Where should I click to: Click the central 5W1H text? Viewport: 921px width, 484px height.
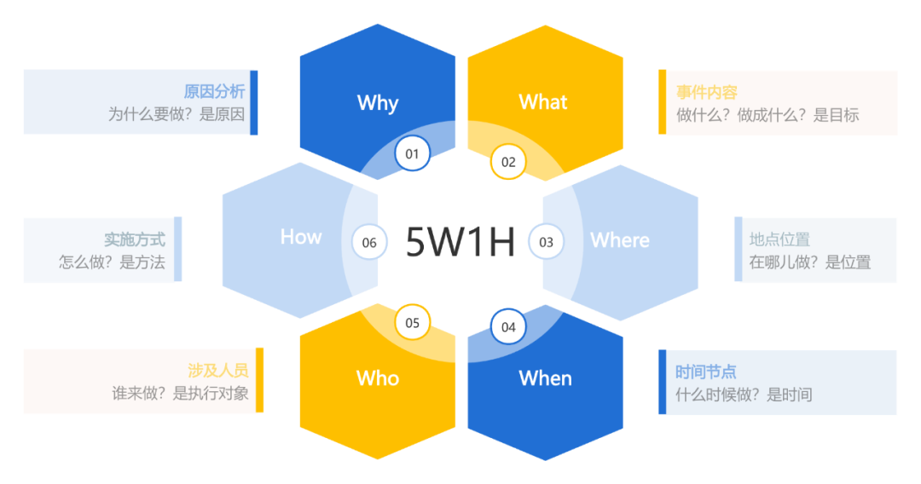coord(460,242)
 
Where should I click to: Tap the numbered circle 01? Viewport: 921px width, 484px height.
coord(412,153)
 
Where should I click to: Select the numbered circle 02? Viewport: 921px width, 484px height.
coord(508,162)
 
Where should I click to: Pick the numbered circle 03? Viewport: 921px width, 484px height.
coord(546,242)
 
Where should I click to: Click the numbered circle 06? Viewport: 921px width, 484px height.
coord(369,242)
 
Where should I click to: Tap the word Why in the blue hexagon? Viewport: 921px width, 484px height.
coord(378,103)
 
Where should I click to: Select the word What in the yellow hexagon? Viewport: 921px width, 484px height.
coord(543,102)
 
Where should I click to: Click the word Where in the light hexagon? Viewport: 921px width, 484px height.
coord(620,240)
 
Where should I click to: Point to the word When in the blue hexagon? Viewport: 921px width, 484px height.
coord(545,377)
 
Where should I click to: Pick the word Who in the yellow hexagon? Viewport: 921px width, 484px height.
coord(378,377)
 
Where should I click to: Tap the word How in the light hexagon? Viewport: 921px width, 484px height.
coord(301,237)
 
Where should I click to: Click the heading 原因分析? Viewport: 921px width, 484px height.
coord(214,92)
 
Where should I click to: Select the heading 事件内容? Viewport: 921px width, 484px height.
coord(706,93)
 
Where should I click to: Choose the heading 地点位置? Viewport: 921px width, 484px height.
coord(779,240)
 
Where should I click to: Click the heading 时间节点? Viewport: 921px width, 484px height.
coord(705,372)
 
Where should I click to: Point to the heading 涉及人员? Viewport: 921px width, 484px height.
coord(218,371)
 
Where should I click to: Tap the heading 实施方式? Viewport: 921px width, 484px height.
coord(135,240)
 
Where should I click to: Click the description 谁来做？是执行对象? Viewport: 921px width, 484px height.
coord(180,394)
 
